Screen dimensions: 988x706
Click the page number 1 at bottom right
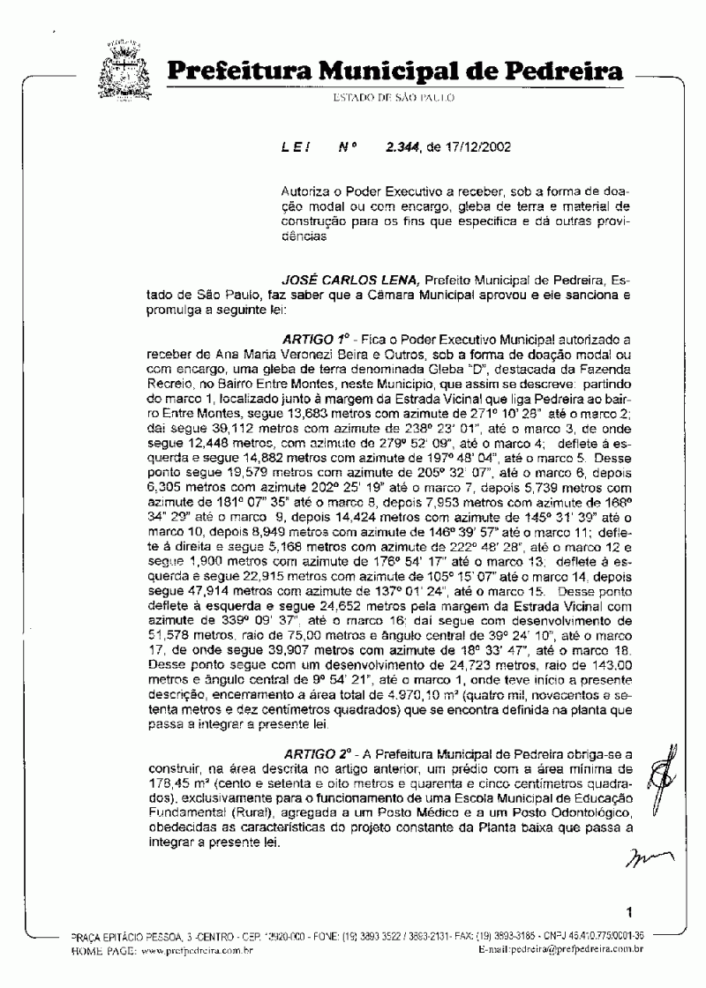point(630,911)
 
